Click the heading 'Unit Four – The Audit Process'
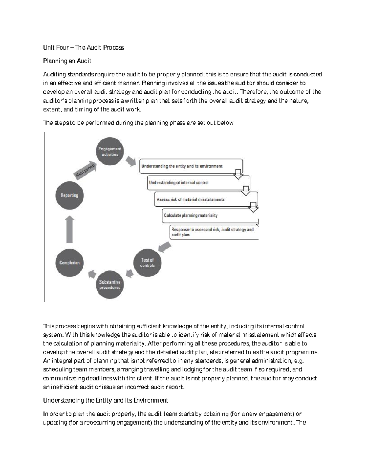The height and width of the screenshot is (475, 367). click(x=83, y=47)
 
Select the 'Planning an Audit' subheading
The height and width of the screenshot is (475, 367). click(x=67, y=61)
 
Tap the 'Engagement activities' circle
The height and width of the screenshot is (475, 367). click(x=110, y=152)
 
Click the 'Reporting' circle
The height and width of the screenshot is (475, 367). click(x=69, y=195)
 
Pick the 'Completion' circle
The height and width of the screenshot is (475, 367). click(x=69, y=263)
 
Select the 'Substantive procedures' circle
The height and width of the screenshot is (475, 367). click(x=110, y=285)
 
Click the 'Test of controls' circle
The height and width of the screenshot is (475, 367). click(x=147, y=263)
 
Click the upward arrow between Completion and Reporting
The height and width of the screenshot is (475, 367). click(x=70, y=229)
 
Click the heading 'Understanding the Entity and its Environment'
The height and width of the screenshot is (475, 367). click(x=106, y=400)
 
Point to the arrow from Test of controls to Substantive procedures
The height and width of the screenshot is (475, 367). click(x=129, y=273)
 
